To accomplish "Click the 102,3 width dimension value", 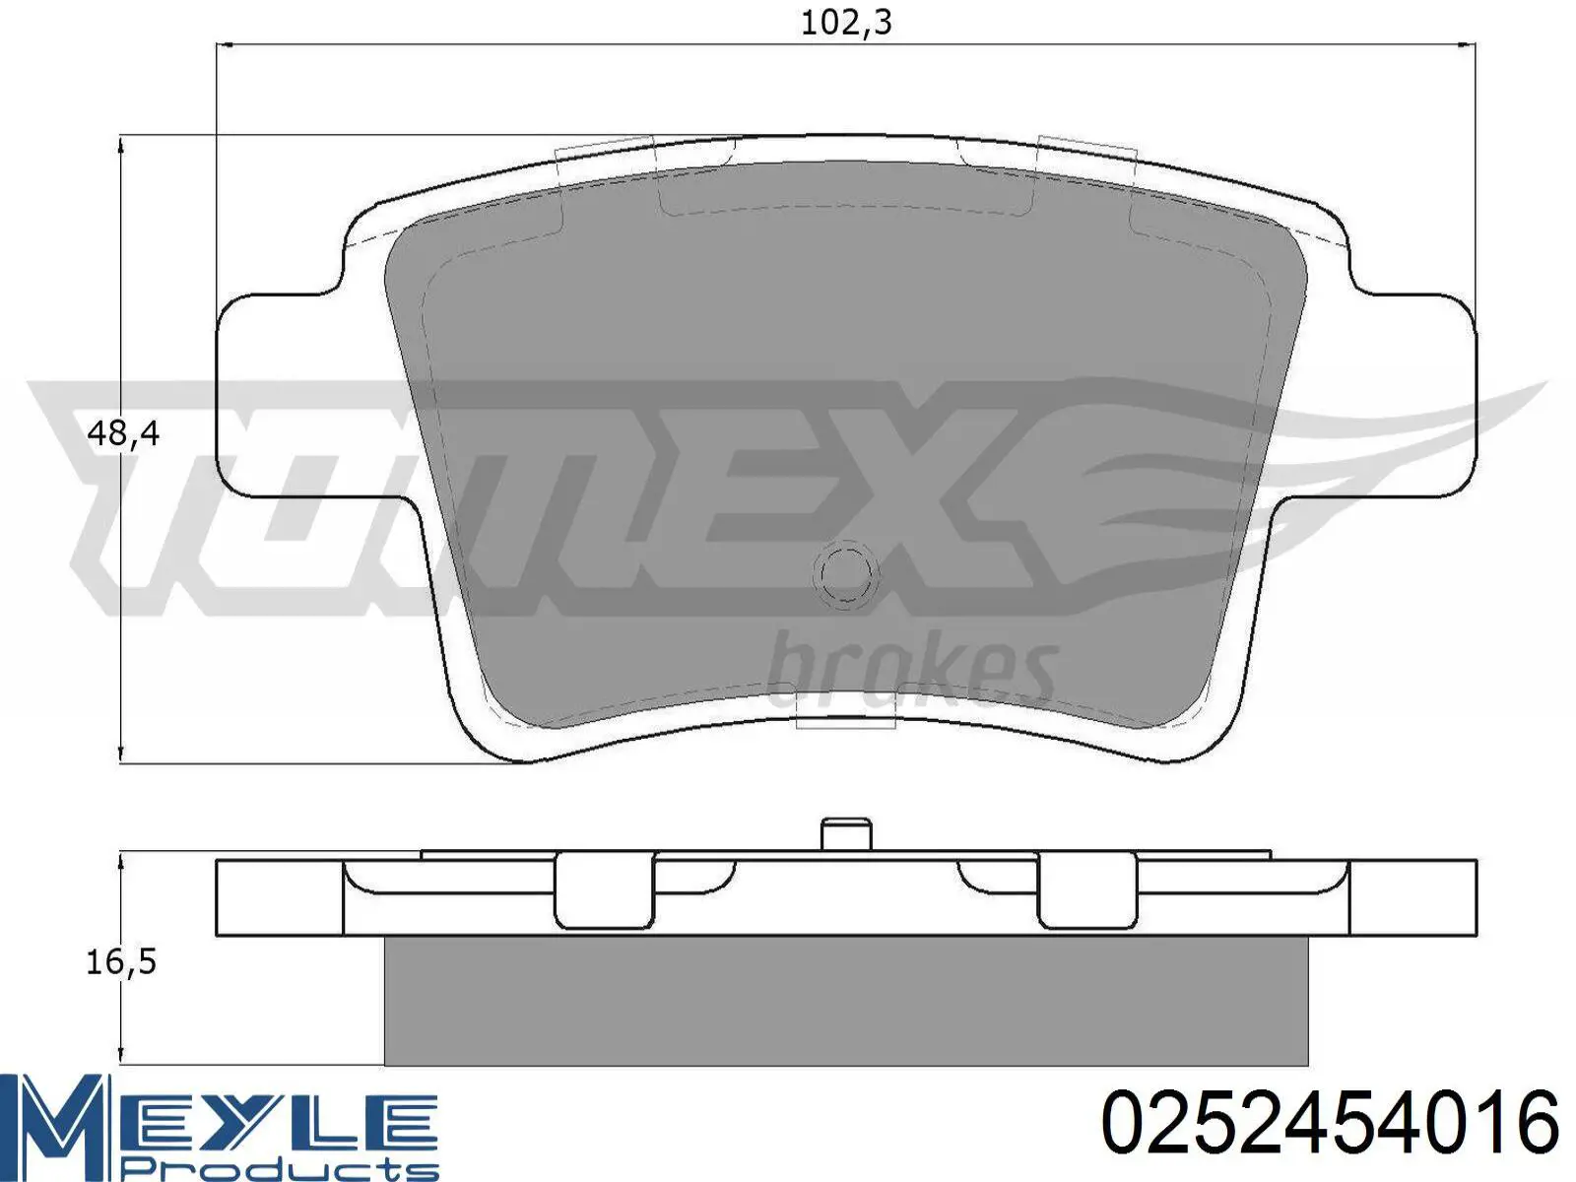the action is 846,24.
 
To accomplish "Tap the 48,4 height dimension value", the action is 123,433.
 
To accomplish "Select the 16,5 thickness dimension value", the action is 121,962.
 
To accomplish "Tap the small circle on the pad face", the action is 846,573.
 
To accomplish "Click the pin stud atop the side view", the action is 846,834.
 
